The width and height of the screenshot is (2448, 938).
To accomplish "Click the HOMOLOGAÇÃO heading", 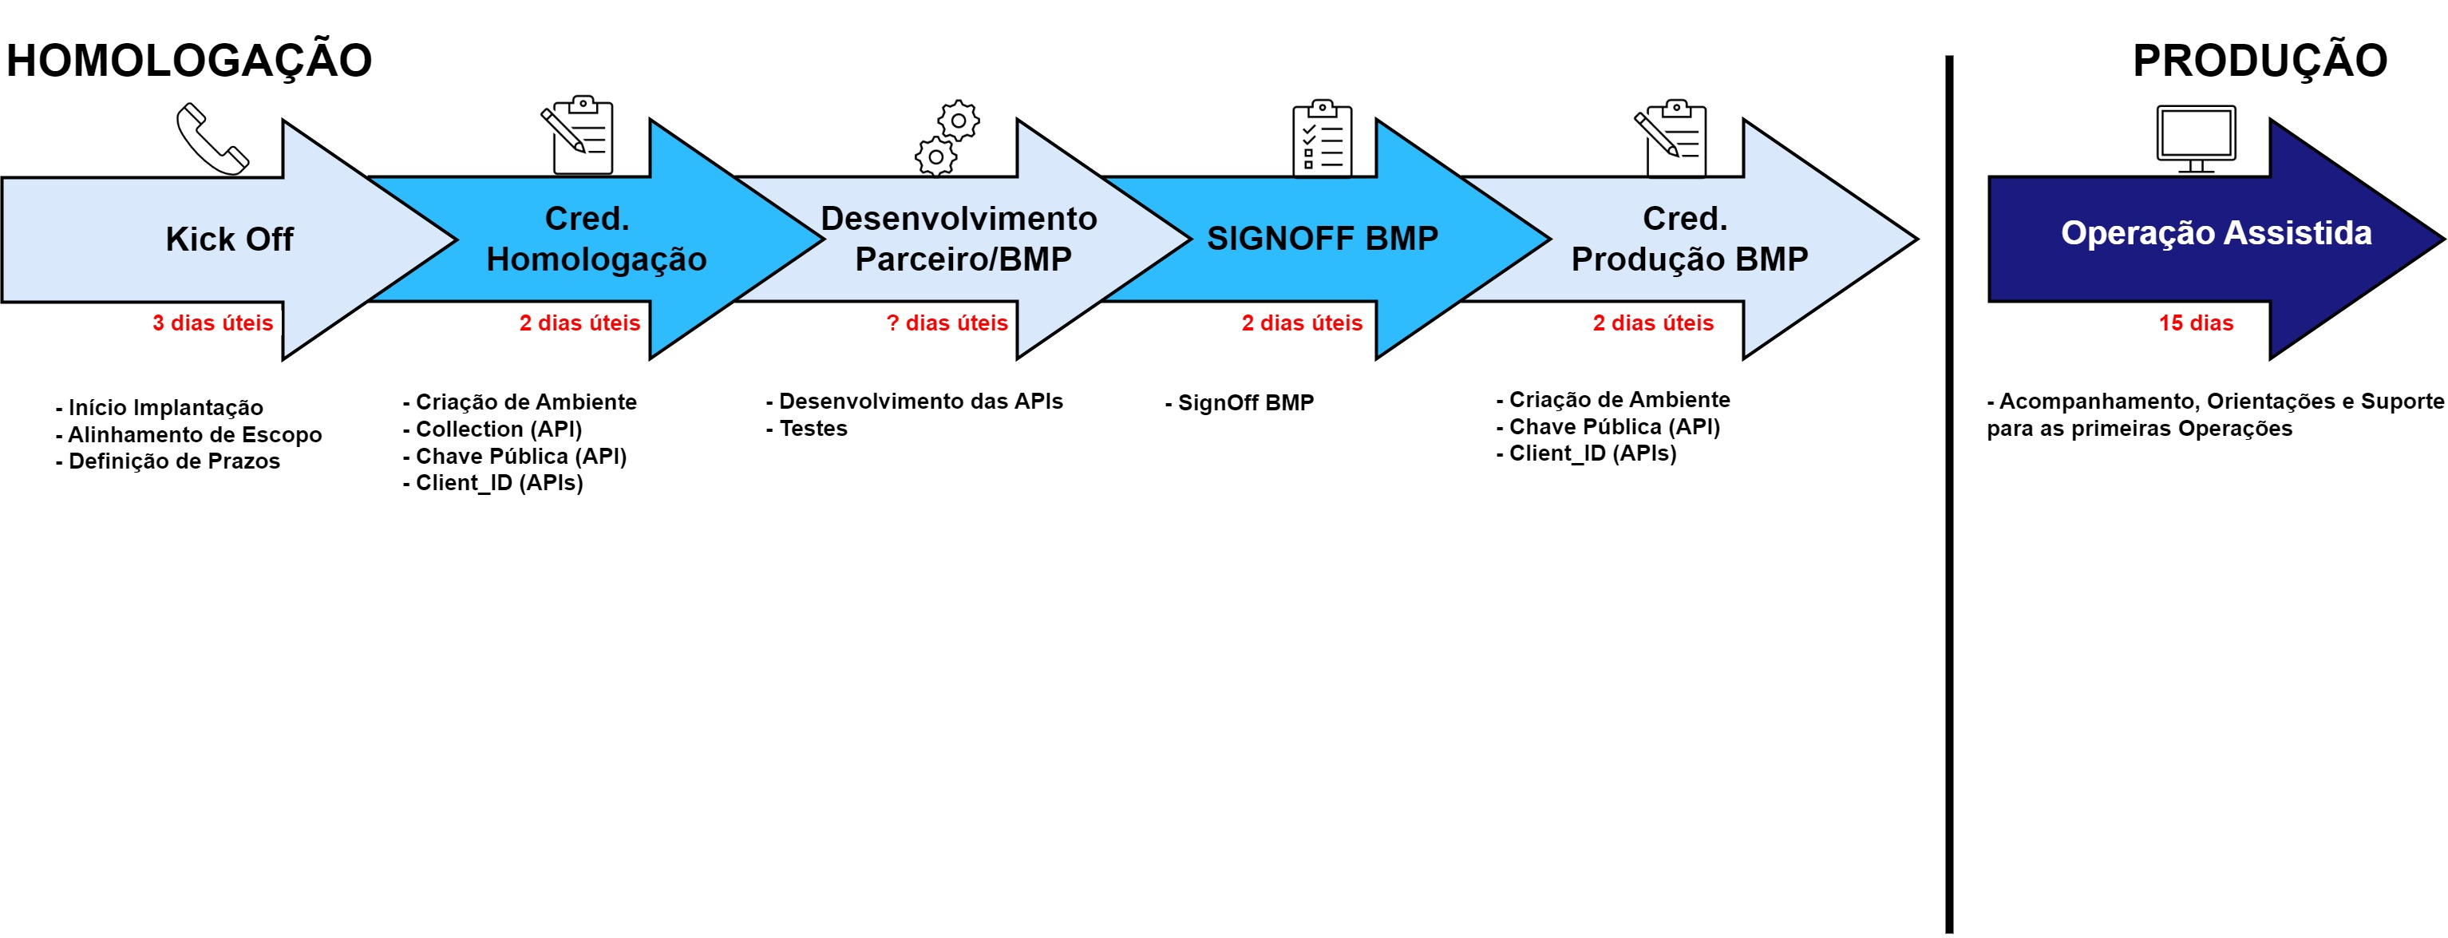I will (x=189, y=60).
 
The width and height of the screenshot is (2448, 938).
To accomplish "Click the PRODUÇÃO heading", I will (x=2259, y=60).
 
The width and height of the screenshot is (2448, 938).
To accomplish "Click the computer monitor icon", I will (x=2195, y=138).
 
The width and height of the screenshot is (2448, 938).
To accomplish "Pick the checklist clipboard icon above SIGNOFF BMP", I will (x=1321, y=138).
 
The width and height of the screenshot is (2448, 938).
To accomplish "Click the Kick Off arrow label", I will (x=229, y=239).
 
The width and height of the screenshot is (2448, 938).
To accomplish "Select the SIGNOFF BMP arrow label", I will (x=1322, y=239).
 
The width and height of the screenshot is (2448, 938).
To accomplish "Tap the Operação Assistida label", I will (x=2216, y=233).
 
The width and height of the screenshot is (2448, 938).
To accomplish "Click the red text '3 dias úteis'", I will (x=213, y=323).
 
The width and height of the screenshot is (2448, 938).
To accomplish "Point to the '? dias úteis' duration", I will (x=947, y=323).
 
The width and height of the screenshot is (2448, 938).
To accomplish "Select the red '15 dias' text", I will (x=2195, y=323).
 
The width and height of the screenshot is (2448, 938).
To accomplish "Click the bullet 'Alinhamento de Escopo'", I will (x=189, y=434).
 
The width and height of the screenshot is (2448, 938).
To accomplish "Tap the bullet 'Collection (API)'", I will (x=493, y=429).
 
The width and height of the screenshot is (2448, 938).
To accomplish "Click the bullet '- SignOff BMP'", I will (x=1240, y=403).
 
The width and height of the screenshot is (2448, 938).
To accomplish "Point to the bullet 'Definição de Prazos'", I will (x=168, y=461).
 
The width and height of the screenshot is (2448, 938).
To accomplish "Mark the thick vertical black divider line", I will (x=1949, y=494).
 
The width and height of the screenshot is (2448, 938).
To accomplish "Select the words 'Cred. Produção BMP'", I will (x=1689, y=239).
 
